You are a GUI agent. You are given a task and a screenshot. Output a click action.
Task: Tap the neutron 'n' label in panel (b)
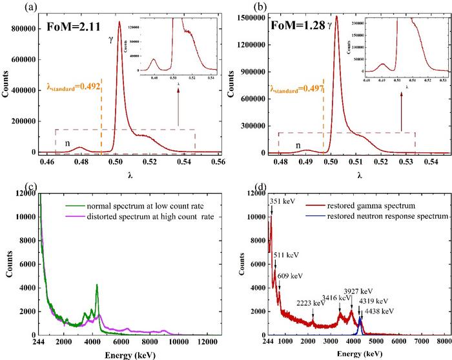pyautogui.click(x=298, y=145)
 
